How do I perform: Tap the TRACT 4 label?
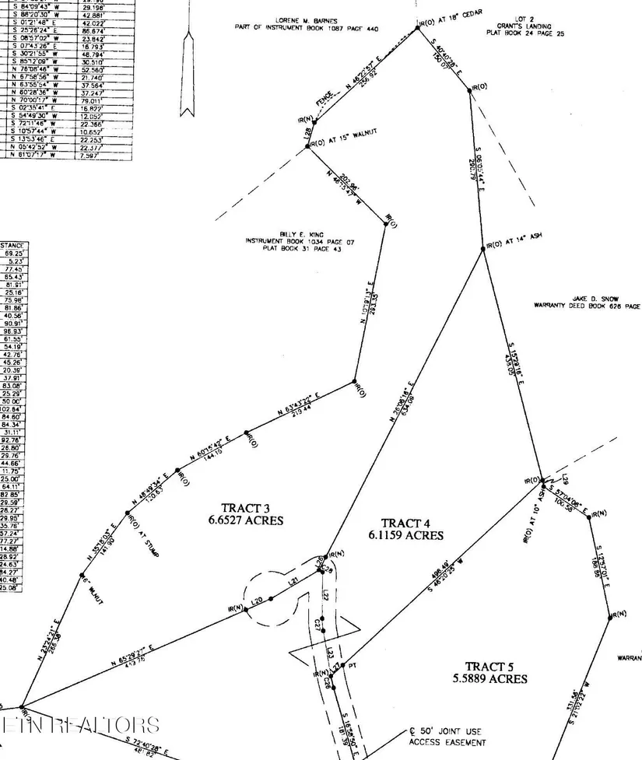[x=405, y=528]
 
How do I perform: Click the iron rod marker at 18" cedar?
[x=413, y=32]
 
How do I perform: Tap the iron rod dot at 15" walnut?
[x=309, y=145]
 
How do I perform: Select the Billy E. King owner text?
[x=299, y=235]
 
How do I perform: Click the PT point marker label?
[x=351, y=666]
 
